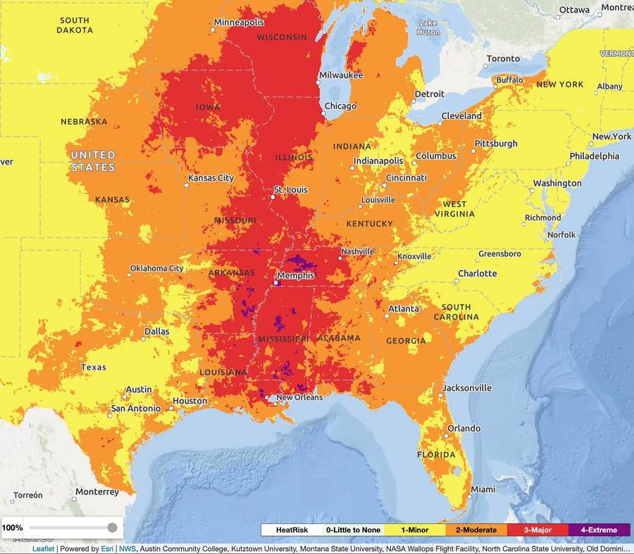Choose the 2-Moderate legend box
[476, 530]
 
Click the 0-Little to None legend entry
[353, 530]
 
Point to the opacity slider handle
[112, 527]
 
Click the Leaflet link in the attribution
[44, 549]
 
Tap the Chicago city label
[340, 106]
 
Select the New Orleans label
[299, 398]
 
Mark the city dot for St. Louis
[273, 197]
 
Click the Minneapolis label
[240, 23]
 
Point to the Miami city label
[483, 489]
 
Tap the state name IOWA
[209, 107]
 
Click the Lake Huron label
[428, 27]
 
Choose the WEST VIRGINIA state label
[454, 209]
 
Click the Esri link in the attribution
[107, 549]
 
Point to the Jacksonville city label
[466, 388]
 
